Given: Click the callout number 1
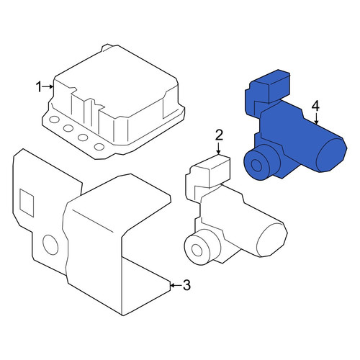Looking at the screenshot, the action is click(x=39, y=86).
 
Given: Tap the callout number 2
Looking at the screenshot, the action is click(x=219, y=135).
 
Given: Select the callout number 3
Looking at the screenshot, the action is click(x=186, y=285).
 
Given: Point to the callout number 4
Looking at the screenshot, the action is click(x=315, y=107).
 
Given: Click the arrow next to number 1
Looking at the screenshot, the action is click(x=48, y=86).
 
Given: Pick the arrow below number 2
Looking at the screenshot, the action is click(x=218, y=148).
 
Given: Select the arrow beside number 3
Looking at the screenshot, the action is click(x=176, y=285).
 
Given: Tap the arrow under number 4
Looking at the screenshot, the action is click(x=316, y=119).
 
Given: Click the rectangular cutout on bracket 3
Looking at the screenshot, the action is click(x=27, y=203).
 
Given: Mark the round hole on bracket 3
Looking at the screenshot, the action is click(x=50, y=245).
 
